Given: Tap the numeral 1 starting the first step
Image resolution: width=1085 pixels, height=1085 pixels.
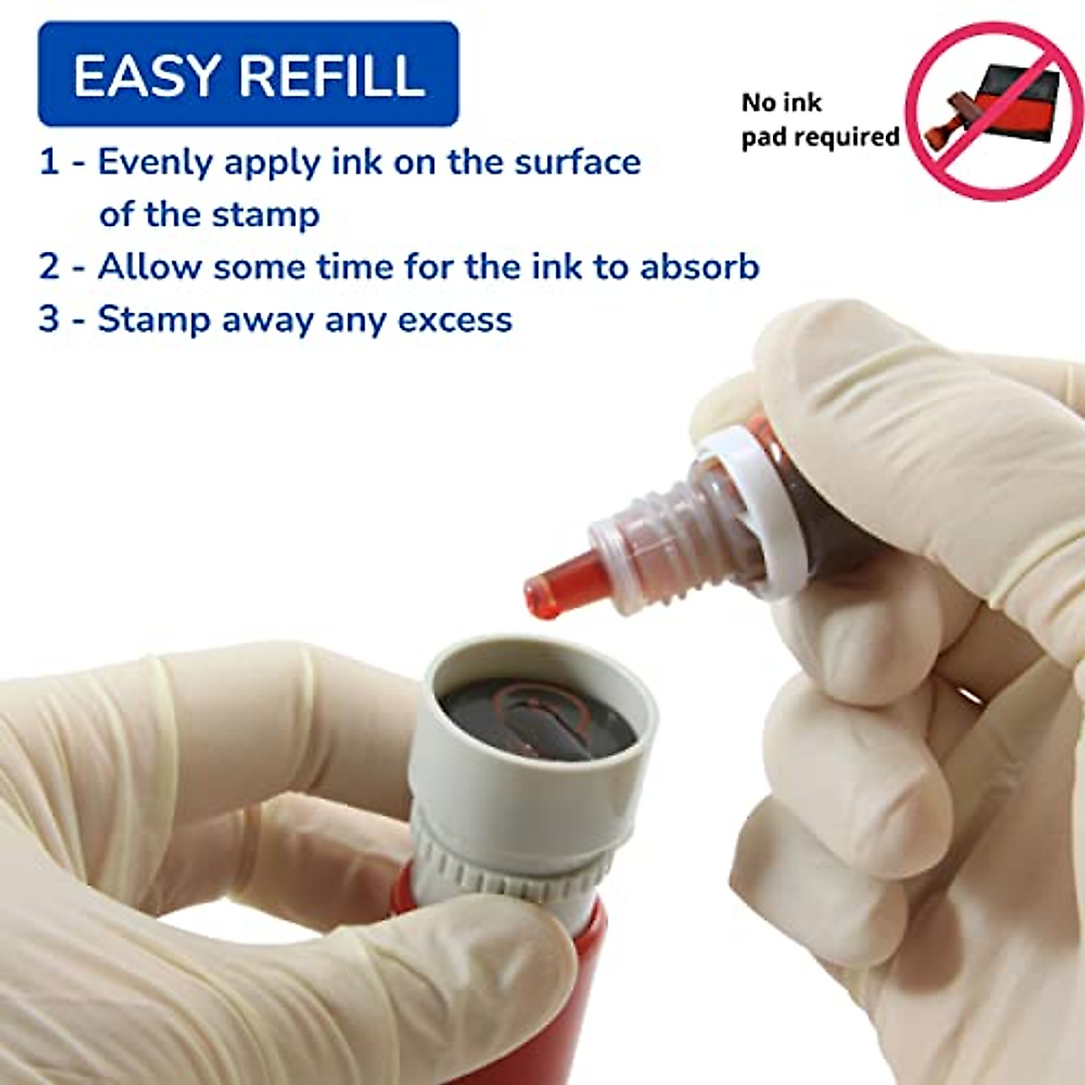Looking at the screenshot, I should coord(49,163).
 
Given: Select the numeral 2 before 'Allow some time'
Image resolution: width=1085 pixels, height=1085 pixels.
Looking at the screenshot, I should coord(49,268).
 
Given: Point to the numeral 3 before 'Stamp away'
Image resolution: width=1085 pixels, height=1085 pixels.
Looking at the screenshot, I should coord(49,320).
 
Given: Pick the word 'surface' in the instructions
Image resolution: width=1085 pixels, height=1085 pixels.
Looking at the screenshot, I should coord(578,163).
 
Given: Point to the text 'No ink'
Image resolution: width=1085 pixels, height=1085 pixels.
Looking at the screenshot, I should coord(781,103).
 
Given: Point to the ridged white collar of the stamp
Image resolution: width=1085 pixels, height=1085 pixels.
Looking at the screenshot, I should coord(506,868).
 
